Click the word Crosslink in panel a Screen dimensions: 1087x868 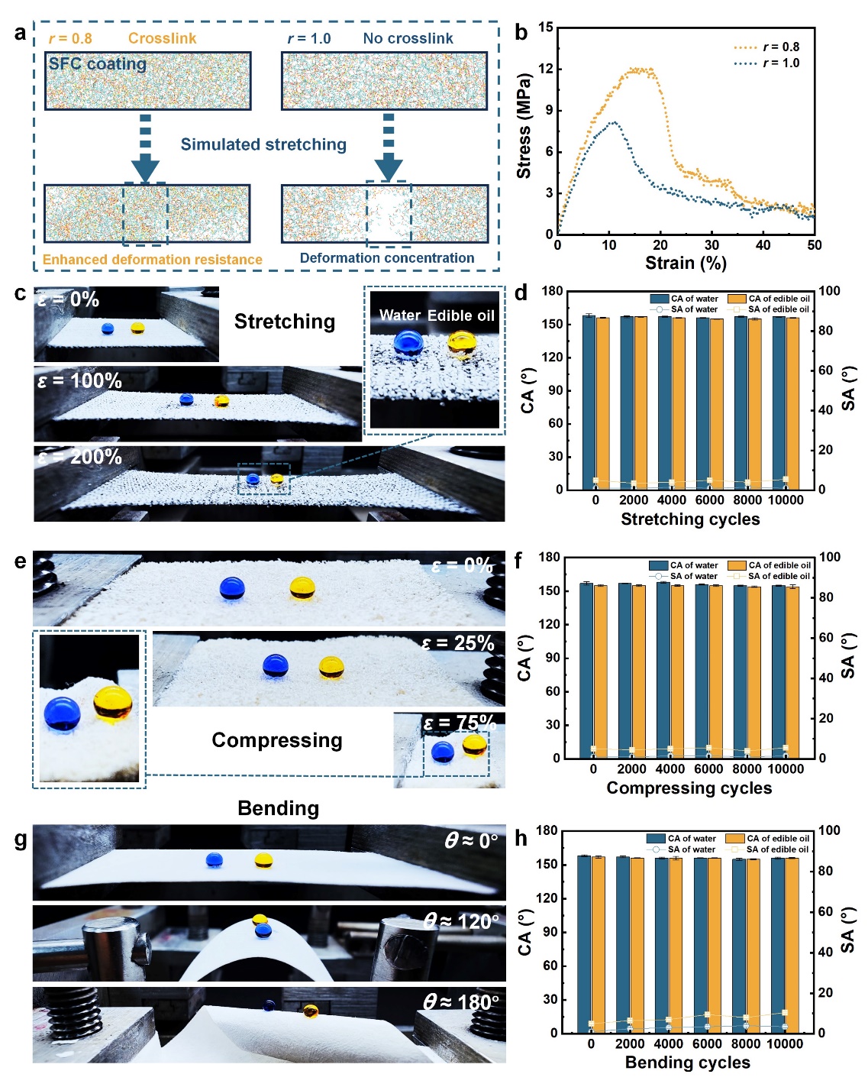[x=162, y=38]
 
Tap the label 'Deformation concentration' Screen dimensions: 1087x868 [x=386, y=258]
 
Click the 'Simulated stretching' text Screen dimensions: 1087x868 [x=263, y=144]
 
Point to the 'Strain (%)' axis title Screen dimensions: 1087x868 [x=686, y=263]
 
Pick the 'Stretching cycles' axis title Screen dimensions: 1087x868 [x=690, y=519]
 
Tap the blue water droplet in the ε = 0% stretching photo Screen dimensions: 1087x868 [x=108, y=328]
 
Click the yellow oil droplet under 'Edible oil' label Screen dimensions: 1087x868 [x=462, y=344]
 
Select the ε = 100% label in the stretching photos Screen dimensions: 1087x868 [x=80, y=380]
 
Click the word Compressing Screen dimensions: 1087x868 [x=277, y=740]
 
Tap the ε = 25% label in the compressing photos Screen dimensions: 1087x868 [x=457, y=643]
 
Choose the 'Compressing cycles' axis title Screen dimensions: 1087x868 [x=689, y=788]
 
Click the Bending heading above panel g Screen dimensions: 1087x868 [x=278, y=808]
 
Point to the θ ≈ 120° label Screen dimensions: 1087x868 [x=461, y=922]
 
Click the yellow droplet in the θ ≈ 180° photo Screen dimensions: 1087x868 [x=311, y=1011]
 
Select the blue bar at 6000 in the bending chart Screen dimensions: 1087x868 [x=700, y=945]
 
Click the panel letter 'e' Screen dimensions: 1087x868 [x=20, y=561]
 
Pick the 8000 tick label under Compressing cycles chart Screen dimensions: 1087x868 [x=747, y=769]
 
